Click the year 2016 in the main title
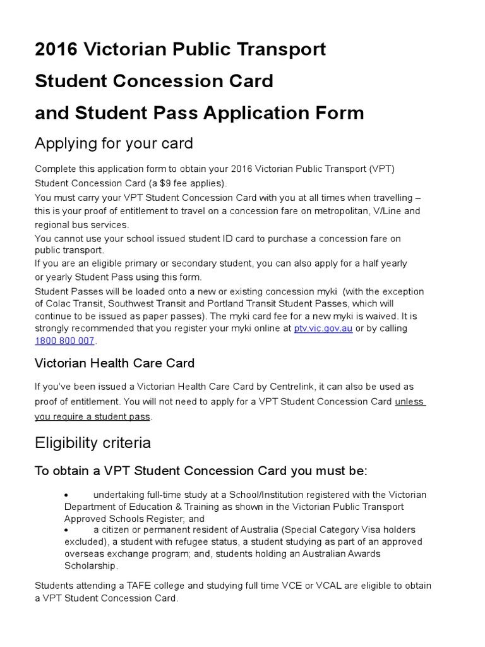click(55, 49)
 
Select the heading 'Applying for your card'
click(114, 144)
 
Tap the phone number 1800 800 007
click(64, 341)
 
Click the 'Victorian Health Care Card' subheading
click(114, 363)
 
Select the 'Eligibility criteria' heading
click(93, 442)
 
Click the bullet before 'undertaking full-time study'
click(68, 495)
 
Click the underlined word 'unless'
click(410, 402)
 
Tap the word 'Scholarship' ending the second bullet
click(90, 565)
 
